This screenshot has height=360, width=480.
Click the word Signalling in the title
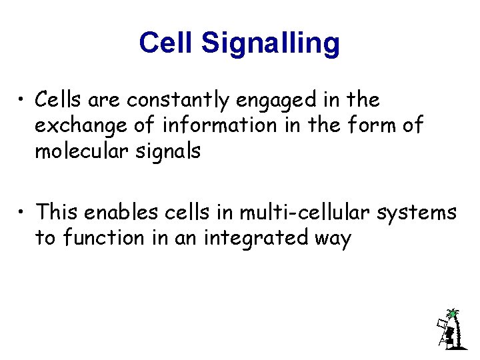pyautogui.click(x=270, y=44)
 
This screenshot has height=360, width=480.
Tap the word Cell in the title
pyautogui.click(x=167, y=43)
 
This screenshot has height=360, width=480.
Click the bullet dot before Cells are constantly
pyautogui.click(x=23, y=101)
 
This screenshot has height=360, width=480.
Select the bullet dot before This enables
pyautogui.click(x=23, y=213)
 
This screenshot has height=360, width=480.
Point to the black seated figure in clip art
pyautogui.click(x=450, y=334)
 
